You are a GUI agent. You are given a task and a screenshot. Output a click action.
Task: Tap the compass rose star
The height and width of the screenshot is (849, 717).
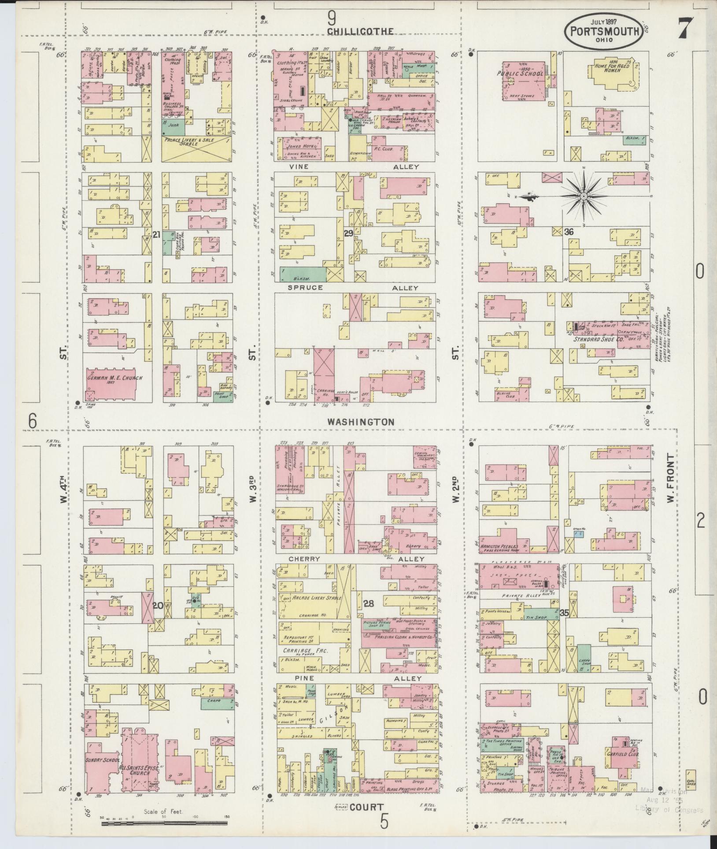click(584, 196)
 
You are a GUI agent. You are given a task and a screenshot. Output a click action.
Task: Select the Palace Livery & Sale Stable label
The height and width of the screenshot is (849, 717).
click(196, 142)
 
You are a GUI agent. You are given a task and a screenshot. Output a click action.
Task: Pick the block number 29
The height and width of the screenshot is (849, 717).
click(348, 234)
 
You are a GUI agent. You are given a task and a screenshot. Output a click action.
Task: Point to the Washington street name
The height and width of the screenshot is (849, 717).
click(360, 422)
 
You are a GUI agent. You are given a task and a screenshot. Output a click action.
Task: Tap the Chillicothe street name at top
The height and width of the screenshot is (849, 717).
click(360, 31)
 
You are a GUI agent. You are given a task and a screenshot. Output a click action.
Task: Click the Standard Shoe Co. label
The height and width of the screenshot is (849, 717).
click(600, 339)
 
